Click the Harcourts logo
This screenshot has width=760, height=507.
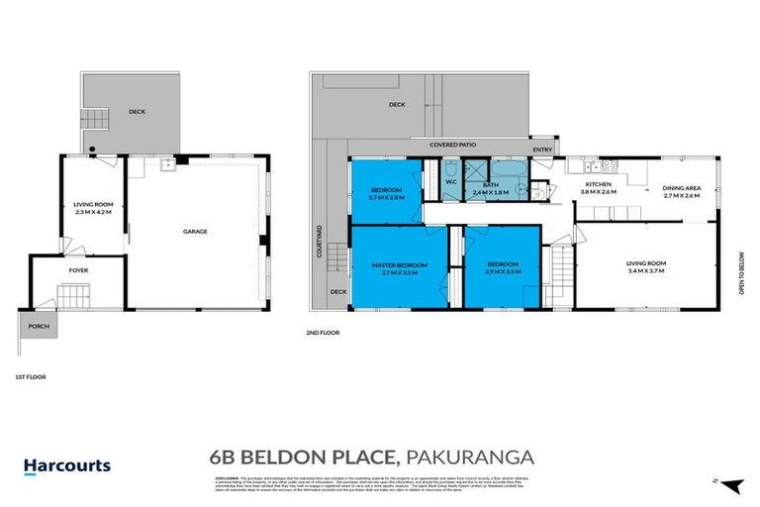tap(66, 465)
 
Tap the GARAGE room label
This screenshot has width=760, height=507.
tap(194, 232)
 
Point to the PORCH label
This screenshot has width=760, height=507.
tap(38, 324)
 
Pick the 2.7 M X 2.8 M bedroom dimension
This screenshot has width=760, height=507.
tap(386, 197)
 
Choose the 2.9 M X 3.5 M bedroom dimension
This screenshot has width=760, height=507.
tap(503, 272)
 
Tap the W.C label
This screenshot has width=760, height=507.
tap(449, 181)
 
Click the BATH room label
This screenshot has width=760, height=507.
tap(490, 183)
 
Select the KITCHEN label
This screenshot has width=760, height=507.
tap(598, 185)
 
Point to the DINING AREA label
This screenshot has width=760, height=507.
tap(681, 187)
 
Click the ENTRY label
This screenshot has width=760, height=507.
tap(541, 150)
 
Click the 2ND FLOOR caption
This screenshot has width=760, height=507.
tap(324, 333)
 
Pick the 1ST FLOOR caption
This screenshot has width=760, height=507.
tap(31, 376)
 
